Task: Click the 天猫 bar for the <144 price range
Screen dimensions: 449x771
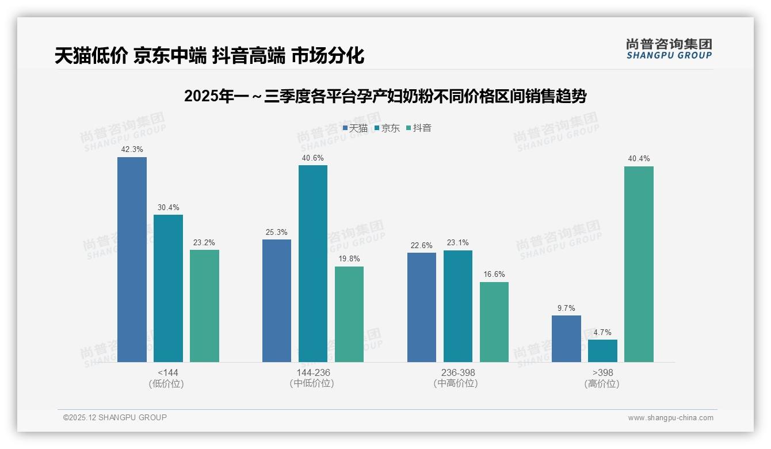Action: (132, 260)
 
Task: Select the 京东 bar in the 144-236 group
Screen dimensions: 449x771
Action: (312, 264)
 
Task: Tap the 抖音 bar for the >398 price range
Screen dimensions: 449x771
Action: (639, 264)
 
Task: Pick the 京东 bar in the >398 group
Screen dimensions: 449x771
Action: (602, 351)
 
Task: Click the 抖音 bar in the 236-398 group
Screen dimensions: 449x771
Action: (494, 322)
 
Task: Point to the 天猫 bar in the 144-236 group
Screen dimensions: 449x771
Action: (277, 300)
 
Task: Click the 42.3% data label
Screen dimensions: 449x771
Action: (132, 149)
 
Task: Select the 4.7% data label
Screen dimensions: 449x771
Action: (602, 332)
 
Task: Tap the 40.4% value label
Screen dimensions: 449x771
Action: (639, 158)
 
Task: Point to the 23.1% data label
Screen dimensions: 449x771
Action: (458, 243)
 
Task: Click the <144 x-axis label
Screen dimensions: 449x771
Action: (167, 372)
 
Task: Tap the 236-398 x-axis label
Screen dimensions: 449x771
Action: (458, 372)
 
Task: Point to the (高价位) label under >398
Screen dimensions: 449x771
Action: (602, 384)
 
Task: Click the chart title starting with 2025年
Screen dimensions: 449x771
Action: (385, 97)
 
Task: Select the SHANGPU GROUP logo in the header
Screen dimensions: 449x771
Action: (669, 49)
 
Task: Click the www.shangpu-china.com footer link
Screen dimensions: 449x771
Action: (670, 418)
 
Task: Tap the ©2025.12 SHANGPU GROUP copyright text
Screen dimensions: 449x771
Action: (115, 417)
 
